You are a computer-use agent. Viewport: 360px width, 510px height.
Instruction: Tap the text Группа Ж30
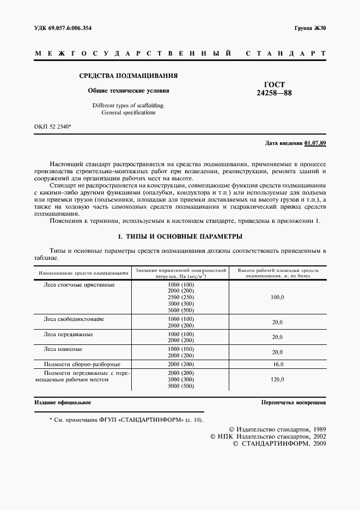[x=310, y=28]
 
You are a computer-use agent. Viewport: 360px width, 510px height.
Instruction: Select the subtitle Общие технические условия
[x=129, y=90]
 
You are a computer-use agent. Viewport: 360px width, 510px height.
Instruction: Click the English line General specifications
[x=129, y=112]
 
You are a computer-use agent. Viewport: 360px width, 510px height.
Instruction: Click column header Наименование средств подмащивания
[x=83, y=272]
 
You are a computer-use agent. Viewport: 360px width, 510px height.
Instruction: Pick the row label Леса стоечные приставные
[x=79, y=284]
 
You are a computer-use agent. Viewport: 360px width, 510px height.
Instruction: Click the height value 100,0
[x=278, y=297]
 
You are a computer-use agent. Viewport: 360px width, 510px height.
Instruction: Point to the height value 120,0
[x=278, y=379]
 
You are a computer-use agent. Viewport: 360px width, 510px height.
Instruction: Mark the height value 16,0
[x=278, y=363]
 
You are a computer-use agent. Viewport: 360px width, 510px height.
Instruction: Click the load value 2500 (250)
[x=181, y=297]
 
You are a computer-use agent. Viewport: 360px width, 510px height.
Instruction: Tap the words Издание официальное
[x=63, y=403]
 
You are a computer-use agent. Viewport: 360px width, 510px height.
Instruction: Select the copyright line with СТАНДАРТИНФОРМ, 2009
[x=279, y=444]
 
